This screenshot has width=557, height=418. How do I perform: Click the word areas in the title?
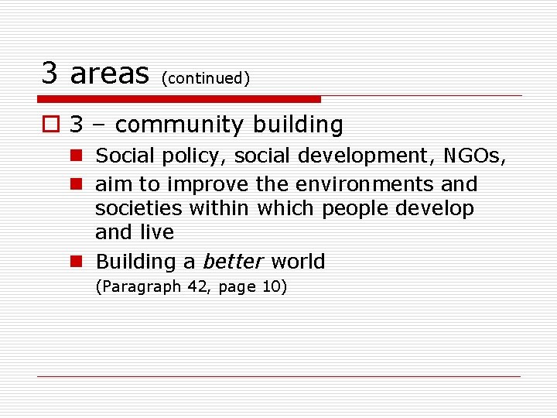(x=108, y=73)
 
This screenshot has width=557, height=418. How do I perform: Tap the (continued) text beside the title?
(x=205, y=78)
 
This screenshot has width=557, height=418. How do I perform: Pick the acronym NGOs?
(x=475, y=156)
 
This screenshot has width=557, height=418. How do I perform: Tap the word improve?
(x=203, y=185)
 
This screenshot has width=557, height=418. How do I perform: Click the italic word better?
(x=234, y=262)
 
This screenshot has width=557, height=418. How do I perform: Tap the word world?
(x=298, y=262)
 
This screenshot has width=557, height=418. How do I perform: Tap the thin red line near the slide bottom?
(x=278, y=376)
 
